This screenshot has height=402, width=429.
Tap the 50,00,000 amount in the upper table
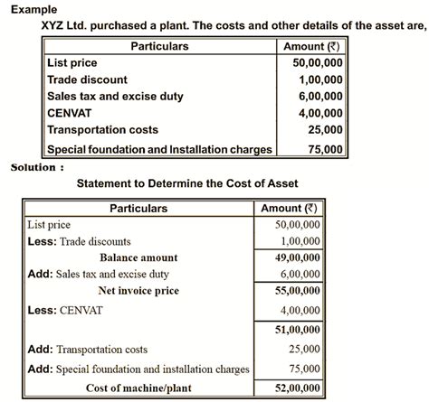tap(318, 63)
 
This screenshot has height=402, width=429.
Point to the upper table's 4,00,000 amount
tap(320, 114)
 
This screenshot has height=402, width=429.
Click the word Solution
tap(36, 167)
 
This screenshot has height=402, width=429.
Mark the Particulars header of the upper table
tap(159, 46)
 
